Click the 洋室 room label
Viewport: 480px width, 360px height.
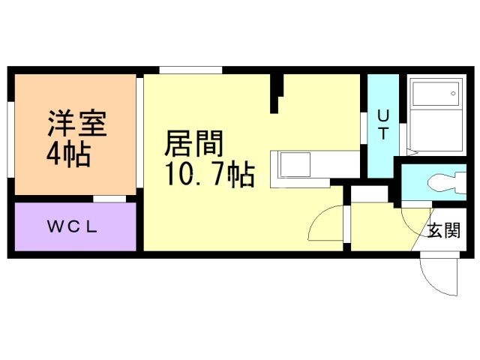coord(77,123)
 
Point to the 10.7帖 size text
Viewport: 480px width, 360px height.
coord(208,175)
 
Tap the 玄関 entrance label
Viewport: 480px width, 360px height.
coord(443,230)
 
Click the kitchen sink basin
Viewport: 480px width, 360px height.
coord(295,163)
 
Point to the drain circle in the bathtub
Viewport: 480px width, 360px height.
coord(453,94)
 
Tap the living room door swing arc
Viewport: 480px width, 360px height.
coord(324,223)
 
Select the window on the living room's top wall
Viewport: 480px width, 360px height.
coord(190,70)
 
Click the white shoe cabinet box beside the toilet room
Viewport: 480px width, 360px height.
coord(368,193)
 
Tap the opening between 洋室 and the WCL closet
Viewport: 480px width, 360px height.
coord(109,199)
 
